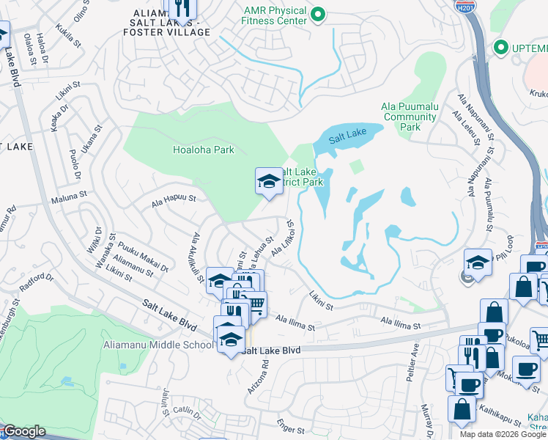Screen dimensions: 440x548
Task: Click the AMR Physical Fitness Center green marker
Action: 318,14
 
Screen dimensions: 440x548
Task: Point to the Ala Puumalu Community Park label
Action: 410,116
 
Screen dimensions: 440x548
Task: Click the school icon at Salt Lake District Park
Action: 269,181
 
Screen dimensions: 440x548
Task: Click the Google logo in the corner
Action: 24,431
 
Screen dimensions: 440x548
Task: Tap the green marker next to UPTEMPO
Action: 501,48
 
